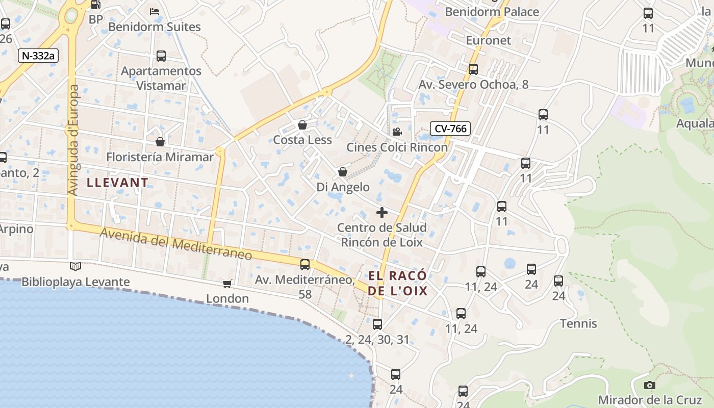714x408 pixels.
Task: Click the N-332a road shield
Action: point(38,56)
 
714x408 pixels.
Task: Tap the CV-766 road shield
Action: point(450,129)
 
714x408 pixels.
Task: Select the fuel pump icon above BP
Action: point(95,5)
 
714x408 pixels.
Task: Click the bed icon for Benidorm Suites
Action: point(155,11)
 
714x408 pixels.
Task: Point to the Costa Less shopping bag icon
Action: point(302,125)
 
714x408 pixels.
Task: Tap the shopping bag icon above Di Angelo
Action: point(343,172)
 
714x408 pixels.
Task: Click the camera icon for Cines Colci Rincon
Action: point(397,132)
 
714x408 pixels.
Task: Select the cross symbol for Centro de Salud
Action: point(381,213)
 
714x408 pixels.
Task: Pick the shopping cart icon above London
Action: point(227,284)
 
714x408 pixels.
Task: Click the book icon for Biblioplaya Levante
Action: point(75,266)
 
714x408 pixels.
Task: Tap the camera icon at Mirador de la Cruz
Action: point(649,385)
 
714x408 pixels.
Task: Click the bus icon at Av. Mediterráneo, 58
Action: point(305,265)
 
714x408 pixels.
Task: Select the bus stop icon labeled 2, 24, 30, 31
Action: point(377,324)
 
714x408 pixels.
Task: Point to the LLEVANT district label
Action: point(118,182)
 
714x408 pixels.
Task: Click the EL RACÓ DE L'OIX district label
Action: point(398,284)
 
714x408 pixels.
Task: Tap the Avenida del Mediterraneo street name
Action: point(176,244)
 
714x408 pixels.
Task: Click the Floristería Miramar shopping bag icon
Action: point(160,142)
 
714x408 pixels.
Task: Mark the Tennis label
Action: point(578,323)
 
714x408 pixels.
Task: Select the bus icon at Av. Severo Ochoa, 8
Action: point(473,69)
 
